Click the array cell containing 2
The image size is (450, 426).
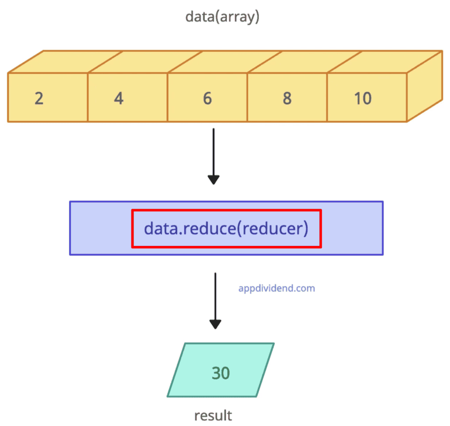point(47,97)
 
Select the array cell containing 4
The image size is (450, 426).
point(127,97)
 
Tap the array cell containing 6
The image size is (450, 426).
point(207,97)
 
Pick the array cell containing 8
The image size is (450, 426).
point(287,97)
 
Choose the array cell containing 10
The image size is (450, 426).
point(367,97)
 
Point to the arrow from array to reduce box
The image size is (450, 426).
point(214,154)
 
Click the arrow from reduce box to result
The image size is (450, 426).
point(215,299)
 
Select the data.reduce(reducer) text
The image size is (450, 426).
point(226,228)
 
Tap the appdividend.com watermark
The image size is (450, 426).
point(276,289)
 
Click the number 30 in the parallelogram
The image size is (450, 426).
point(221,373)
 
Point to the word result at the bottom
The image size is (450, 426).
point(213,415)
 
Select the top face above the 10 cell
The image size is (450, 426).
point(385,62)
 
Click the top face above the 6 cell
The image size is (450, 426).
point(225,62)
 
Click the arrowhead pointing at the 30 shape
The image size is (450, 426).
point(215,324)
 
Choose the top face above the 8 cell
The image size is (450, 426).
point(305,62)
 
